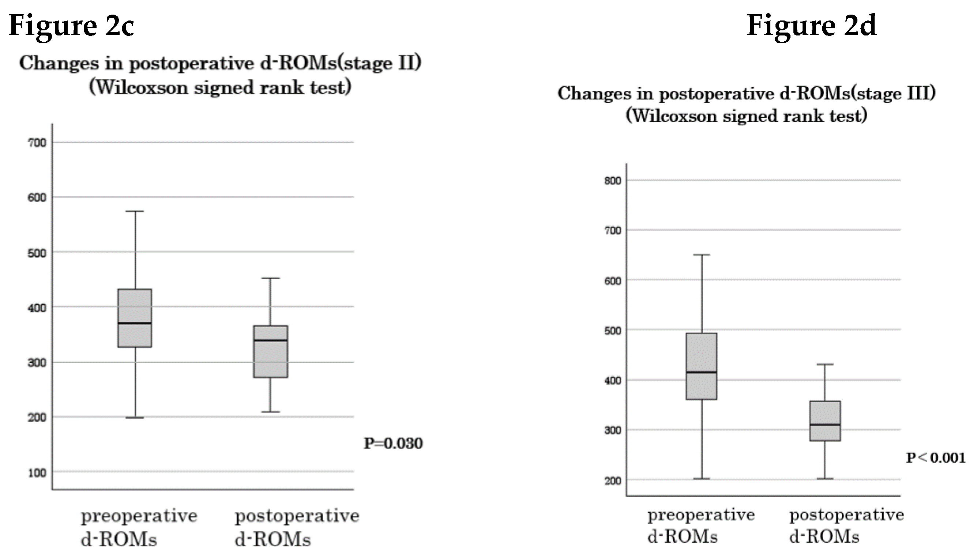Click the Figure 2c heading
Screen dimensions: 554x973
(x=71, y=25)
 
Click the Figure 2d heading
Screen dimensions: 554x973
(x=811, y=25)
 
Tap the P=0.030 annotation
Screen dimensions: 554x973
(x=393, y=443)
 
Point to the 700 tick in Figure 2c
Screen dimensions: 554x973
(x=37, y=143)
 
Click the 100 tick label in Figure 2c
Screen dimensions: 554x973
(x=37, y=472)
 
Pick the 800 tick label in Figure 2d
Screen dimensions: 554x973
(x=612, y=180)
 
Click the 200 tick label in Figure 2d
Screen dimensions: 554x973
(x=612, y=480)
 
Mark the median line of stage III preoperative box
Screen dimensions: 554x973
(x=701, y=372)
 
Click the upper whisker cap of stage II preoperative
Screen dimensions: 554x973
(x=135, y=211)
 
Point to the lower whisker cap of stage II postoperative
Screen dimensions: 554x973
(x=271, y=412)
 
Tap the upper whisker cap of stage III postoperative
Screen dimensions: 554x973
(x=824, y=364)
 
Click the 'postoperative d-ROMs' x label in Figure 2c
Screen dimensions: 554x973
(x=296, y=527)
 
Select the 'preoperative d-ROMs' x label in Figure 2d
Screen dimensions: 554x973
(x=700, y=525)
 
